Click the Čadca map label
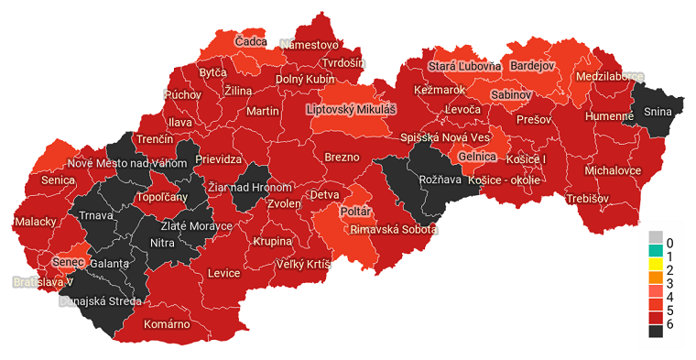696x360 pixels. (251, 42)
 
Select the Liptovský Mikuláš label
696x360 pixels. (351, 109)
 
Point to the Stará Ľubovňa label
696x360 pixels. (464, 66)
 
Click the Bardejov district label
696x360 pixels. (532, 66)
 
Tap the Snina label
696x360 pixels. (657, 112)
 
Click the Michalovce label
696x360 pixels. (613, 170)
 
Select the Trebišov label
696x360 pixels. (587, 198)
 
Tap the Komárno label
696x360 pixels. (167, 323)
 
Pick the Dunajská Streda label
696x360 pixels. (99, 300)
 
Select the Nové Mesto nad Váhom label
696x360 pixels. (128, 163)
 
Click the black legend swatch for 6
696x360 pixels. (656, 332)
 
